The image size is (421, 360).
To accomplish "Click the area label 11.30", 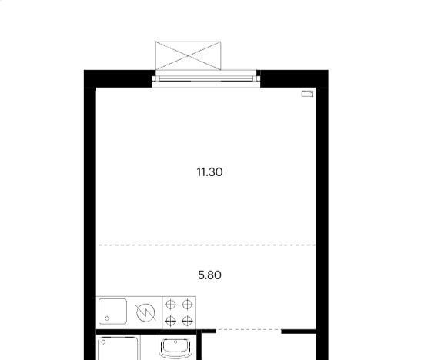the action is coord(209,172).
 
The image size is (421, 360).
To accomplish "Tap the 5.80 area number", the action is coord(209,275).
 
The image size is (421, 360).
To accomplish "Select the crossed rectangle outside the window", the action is coord(189,56).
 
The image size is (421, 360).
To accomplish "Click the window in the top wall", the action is coord(206,78).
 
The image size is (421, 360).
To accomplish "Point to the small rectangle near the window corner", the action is coord(307,94).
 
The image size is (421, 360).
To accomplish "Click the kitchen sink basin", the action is coord(113,312).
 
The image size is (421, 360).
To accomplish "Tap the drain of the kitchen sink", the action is coord(107,318).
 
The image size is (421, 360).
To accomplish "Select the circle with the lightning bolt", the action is coord(145,312).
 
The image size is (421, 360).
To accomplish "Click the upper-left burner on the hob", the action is coord(171,305).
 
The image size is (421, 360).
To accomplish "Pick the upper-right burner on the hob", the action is coord(187,305).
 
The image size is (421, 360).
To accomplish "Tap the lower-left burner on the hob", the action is coord(171,321).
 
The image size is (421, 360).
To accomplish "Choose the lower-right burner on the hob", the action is coord(187,321).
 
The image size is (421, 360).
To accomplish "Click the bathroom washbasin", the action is coord(175,348).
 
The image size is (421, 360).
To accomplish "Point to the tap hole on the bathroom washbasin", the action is coord(175,342).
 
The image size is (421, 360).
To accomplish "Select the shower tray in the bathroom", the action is coord(118,348).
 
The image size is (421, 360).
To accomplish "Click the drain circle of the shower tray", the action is coord(103,342).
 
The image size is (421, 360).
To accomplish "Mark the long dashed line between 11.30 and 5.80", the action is coord(207,245).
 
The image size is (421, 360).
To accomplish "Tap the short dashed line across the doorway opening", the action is coord(249,329).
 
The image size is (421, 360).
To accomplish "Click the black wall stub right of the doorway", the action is coord(299,332).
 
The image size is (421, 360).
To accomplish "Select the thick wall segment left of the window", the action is coord(119,78).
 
